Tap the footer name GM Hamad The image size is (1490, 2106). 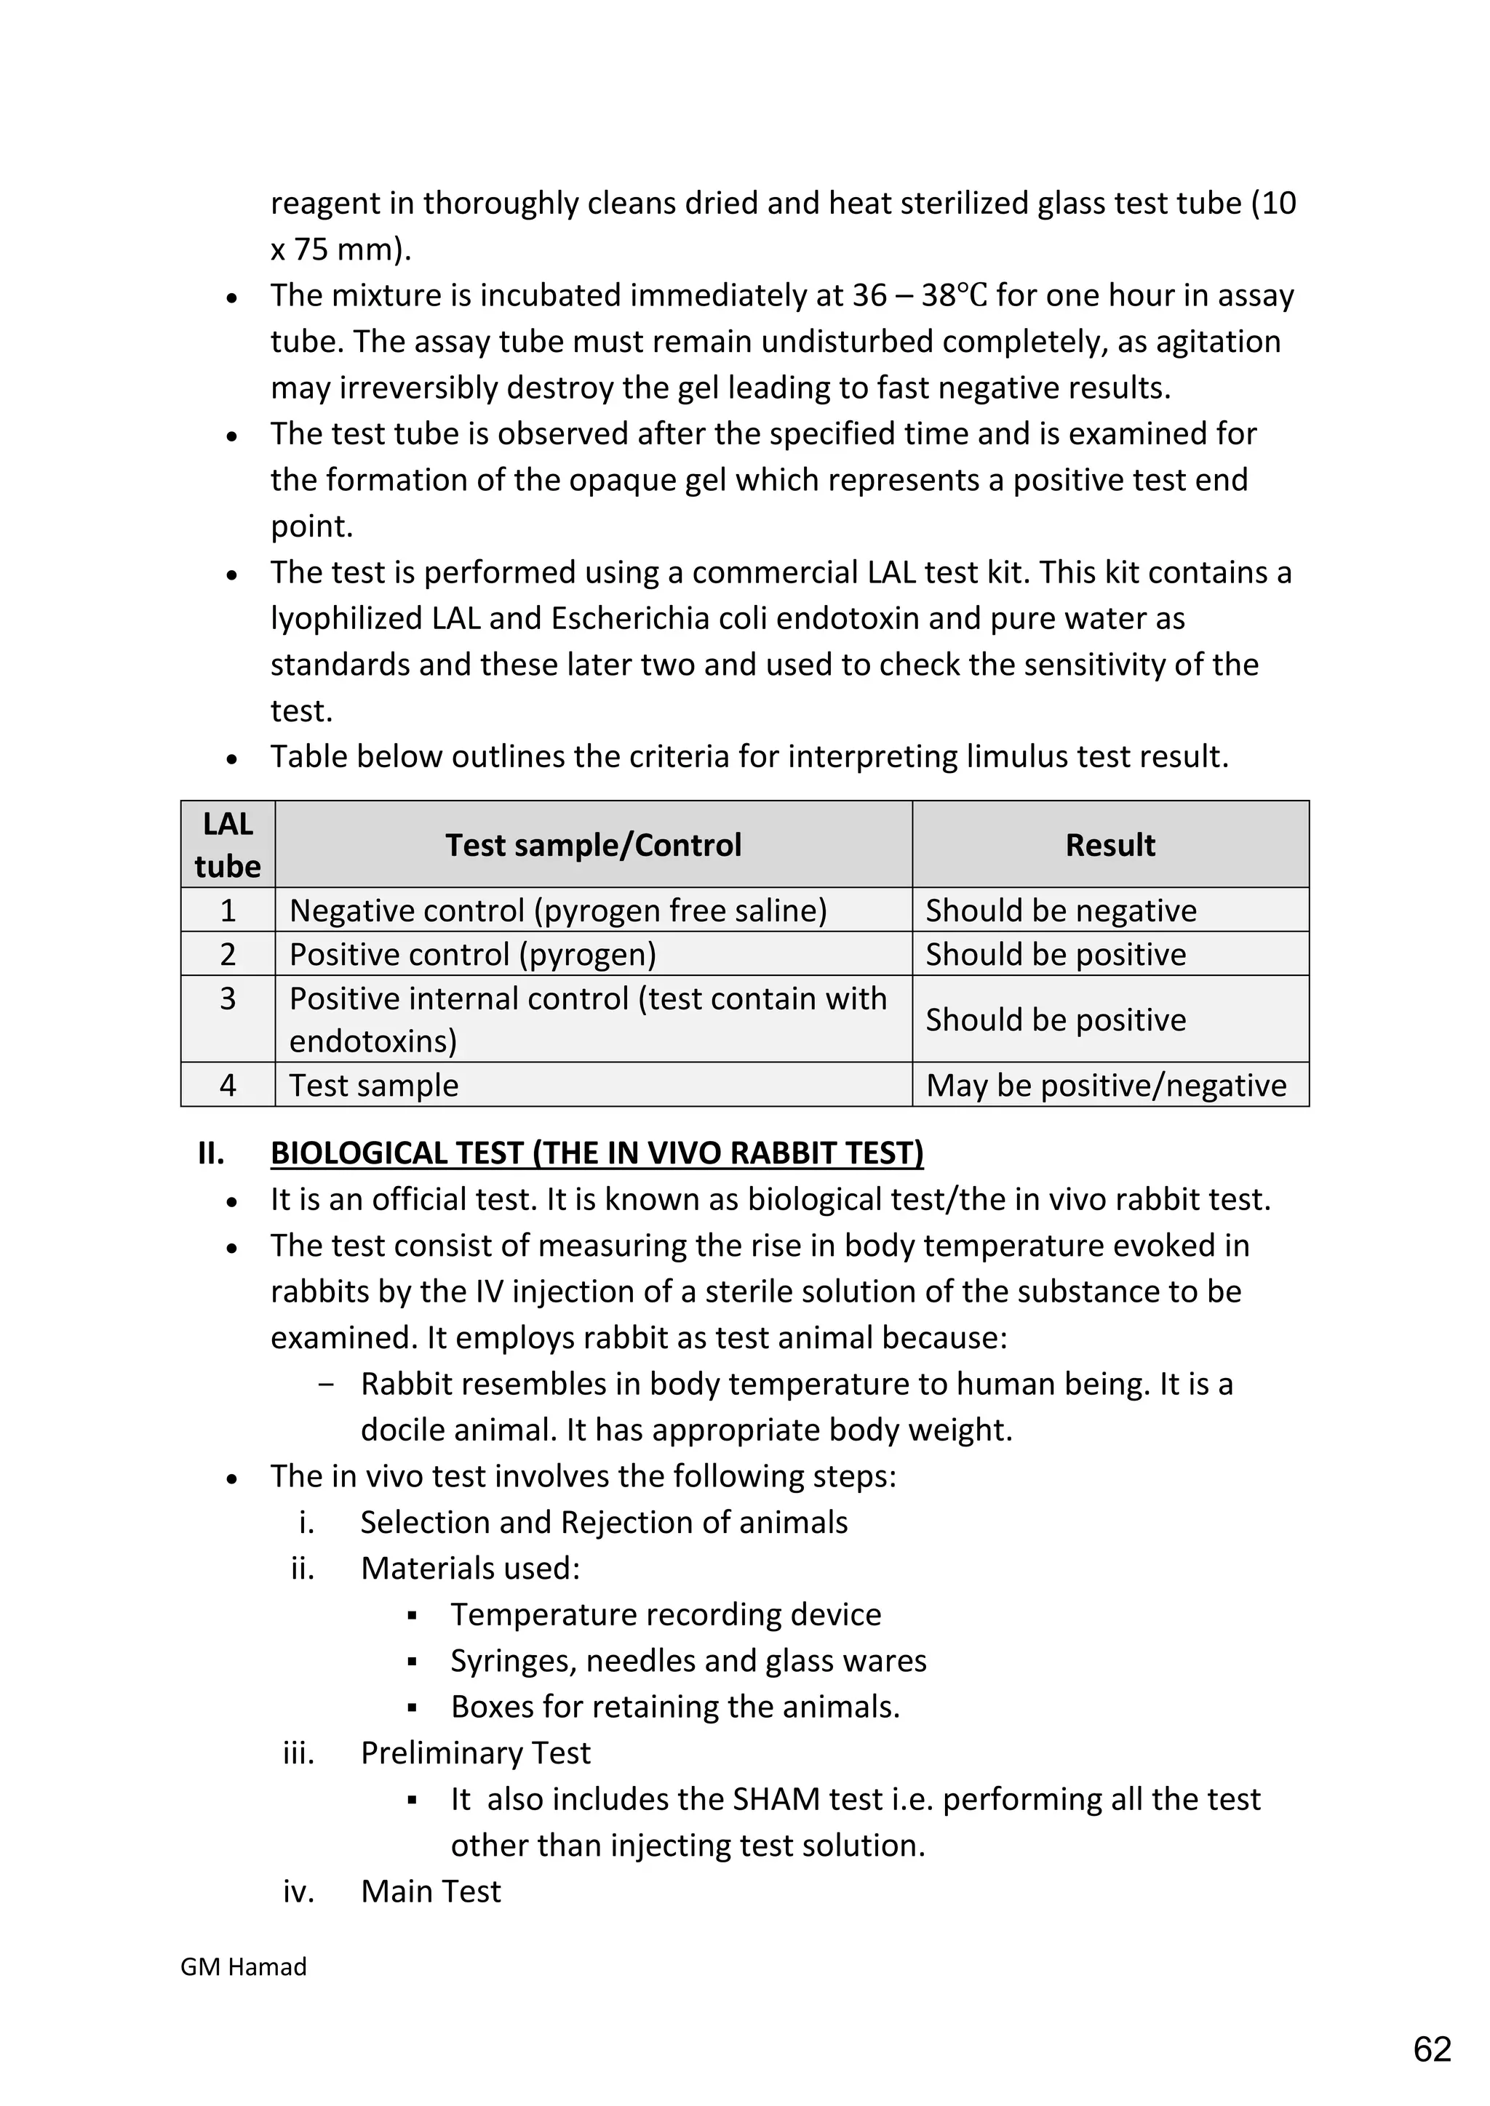[x=243, y=1966]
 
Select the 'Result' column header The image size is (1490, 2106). [x=1110, y=845]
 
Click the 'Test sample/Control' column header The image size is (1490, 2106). [x=593, y=845]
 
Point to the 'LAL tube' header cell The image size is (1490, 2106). [x=228, y=845]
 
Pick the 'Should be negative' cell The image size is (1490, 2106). [x=1061, y=910]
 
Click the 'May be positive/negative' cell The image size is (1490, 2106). [x=1106, y=1085]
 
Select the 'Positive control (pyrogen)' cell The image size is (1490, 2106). [x=472, y=955]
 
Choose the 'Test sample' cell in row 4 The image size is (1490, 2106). [x=373, y=1085]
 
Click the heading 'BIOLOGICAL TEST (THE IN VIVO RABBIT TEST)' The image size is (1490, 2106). [x=597, y=1153]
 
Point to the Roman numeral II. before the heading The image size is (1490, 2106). [x=211, y=1153]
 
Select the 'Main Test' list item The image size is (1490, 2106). [x=430, y=1891]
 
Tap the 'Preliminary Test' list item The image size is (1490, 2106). [x=475, y=1753]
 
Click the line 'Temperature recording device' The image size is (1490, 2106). [x=665, y=1614]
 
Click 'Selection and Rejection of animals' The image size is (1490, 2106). [x=604, y=1523]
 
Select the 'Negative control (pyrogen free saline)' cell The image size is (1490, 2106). [x=558, y=910]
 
